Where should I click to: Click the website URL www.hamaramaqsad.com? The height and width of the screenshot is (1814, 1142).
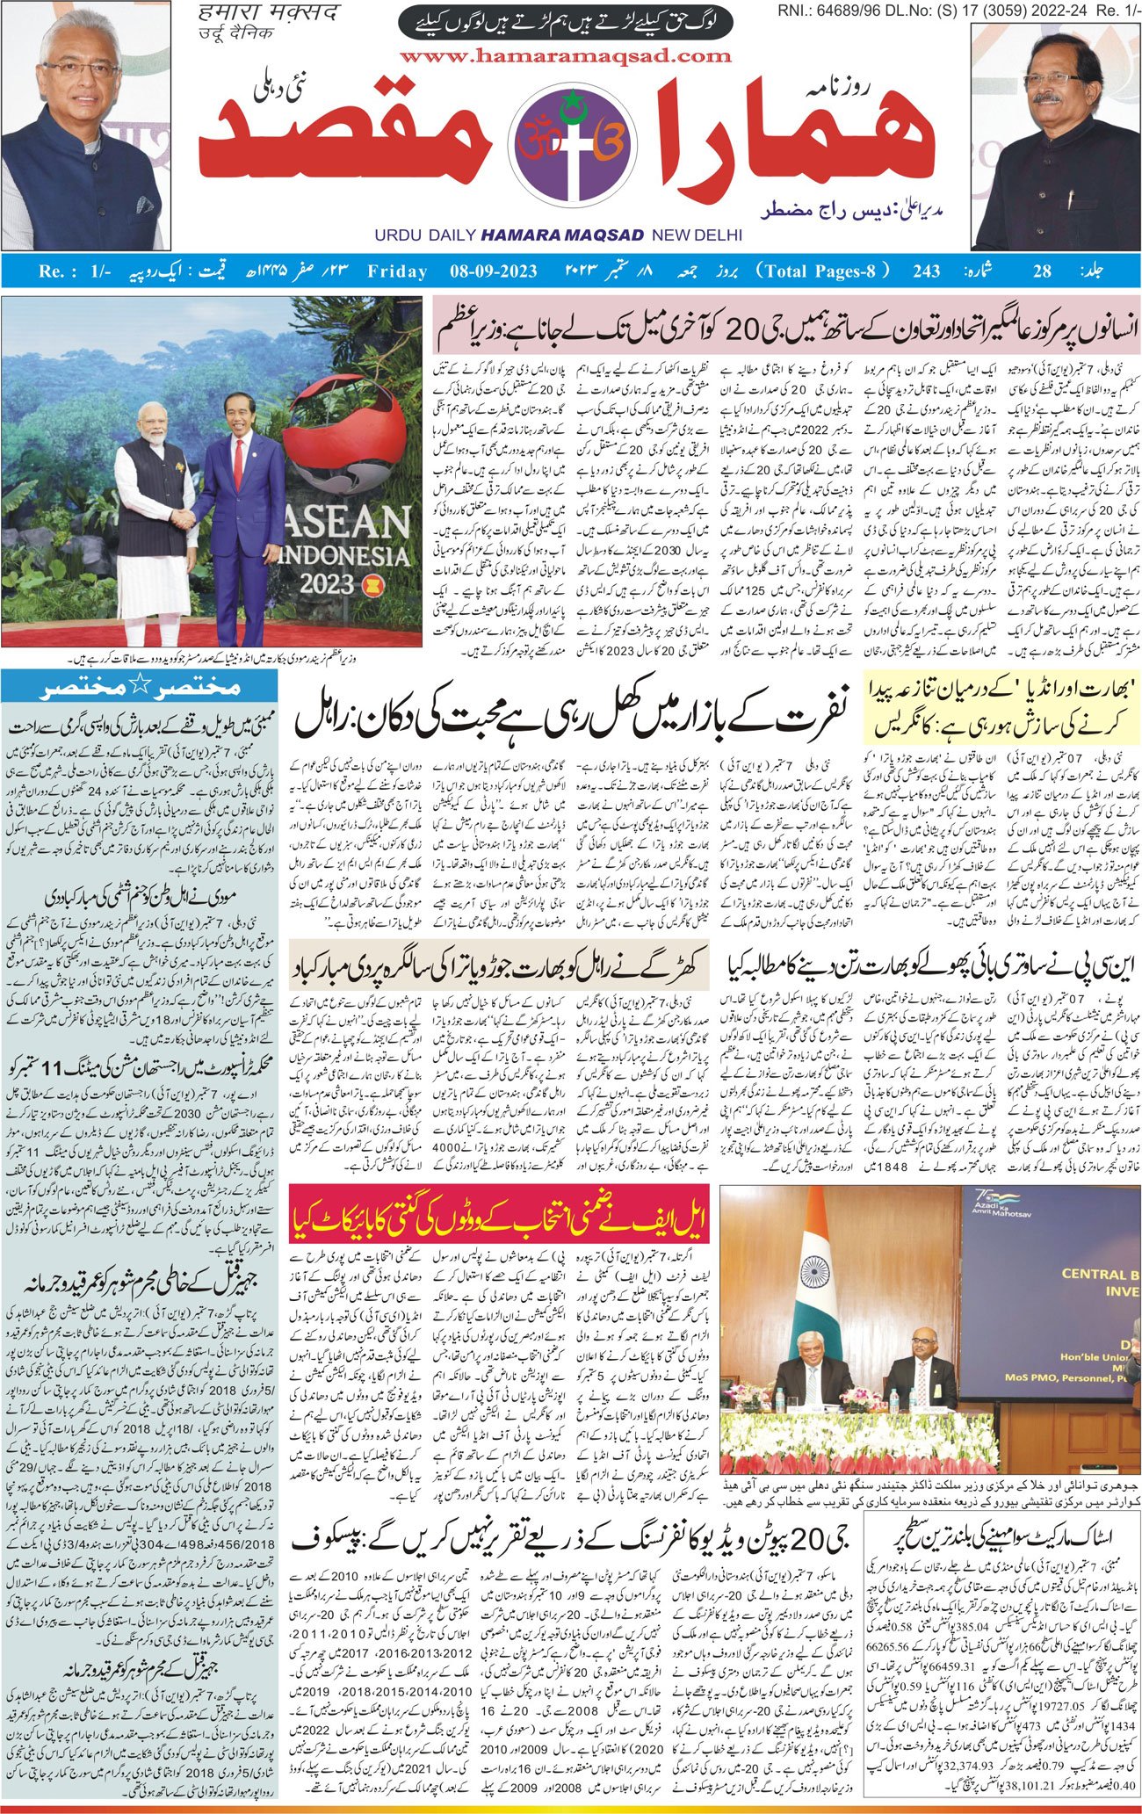(x=565, y=56)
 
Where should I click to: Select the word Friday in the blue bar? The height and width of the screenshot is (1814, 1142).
(x=397, y=271)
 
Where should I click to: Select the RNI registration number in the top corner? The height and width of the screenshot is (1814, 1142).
(x=958, y=10)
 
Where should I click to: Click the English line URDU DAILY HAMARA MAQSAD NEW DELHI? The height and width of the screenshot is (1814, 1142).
(x=558, y=235)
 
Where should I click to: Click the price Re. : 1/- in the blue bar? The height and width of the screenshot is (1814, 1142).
(x=75, y=271)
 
